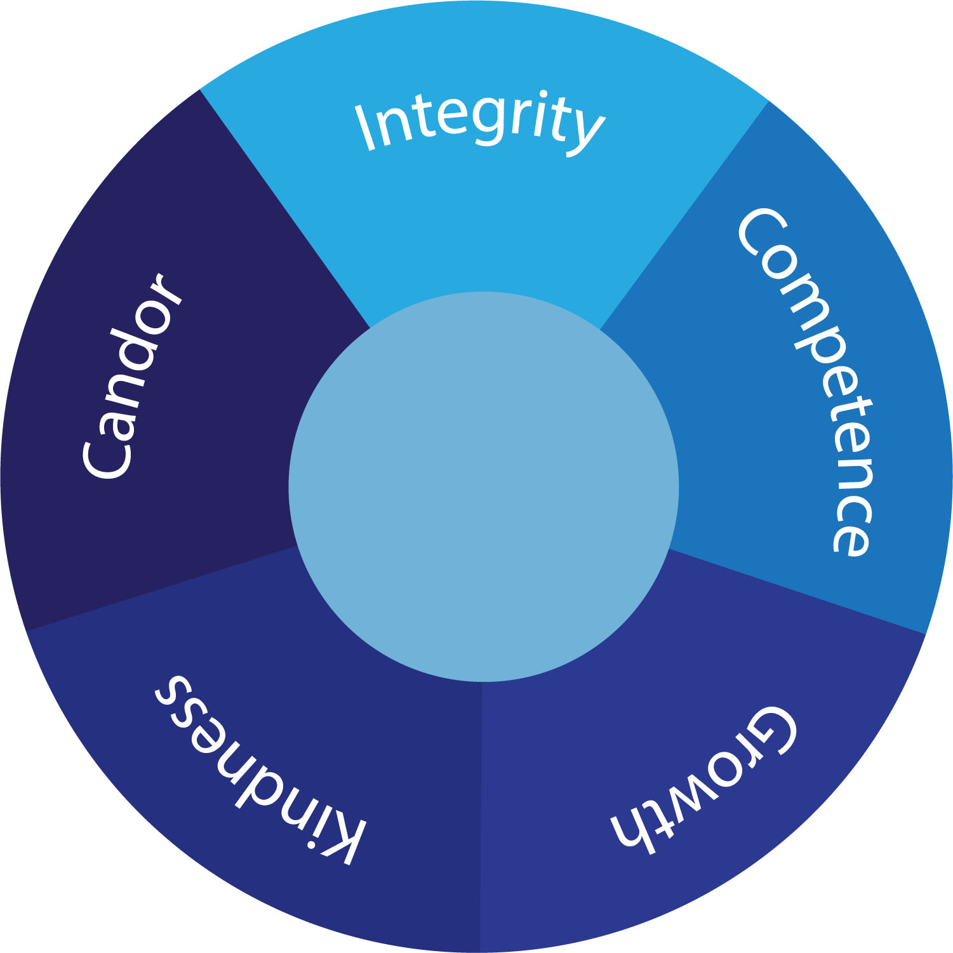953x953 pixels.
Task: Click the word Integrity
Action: pos(479,124)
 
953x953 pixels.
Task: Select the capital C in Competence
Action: pos(762,232)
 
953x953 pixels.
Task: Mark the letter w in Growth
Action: pos(689,800)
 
